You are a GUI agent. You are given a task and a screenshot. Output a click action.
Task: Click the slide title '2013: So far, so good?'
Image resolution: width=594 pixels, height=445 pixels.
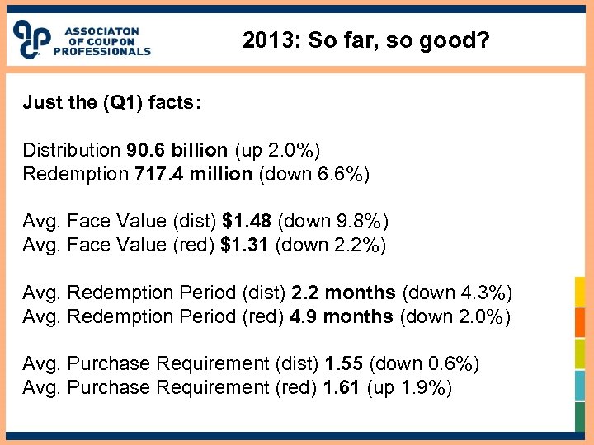[x=366, y=40]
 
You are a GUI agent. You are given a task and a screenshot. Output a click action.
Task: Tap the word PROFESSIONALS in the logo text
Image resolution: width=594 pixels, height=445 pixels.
[x=102, y=51]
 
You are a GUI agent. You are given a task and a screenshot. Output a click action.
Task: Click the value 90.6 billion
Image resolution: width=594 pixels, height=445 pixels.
[x=177, y=151]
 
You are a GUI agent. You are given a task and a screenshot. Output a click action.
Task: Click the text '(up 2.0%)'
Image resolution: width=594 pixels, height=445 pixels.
[x=277, y=151]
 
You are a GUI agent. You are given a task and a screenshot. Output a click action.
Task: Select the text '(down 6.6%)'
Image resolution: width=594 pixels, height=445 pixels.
[x=314, y=174]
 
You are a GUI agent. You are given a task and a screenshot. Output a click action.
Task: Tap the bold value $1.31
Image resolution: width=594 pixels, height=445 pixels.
[x=245, y=245]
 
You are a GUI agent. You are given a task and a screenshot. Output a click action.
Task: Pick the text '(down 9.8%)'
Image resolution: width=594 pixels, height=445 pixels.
[x=333, y=222]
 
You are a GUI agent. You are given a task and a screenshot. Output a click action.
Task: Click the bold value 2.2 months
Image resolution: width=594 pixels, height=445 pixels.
[x=344, y=293]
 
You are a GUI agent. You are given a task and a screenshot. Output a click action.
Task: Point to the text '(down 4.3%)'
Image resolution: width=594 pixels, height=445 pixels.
[x=457, y=293]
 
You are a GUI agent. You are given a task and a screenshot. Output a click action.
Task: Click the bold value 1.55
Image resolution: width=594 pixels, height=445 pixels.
[x=342, y=364]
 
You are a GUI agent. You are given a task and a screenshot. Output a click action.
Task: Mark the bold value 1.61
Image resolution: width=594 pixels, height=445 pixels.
[x=342, y=387]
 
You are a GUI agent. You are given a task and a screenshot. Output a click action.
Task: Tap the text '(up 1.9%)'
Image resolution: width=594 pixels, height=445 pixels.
[x=408, y=387]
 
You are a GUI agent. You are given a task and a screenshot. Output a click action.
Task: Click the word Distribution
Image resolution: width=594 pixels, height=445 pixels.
[x=71, y=151]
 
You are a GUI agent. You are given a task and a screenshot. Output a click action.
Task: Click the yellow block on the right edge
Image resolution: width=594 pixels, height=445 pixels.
[x=580, y=291]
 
